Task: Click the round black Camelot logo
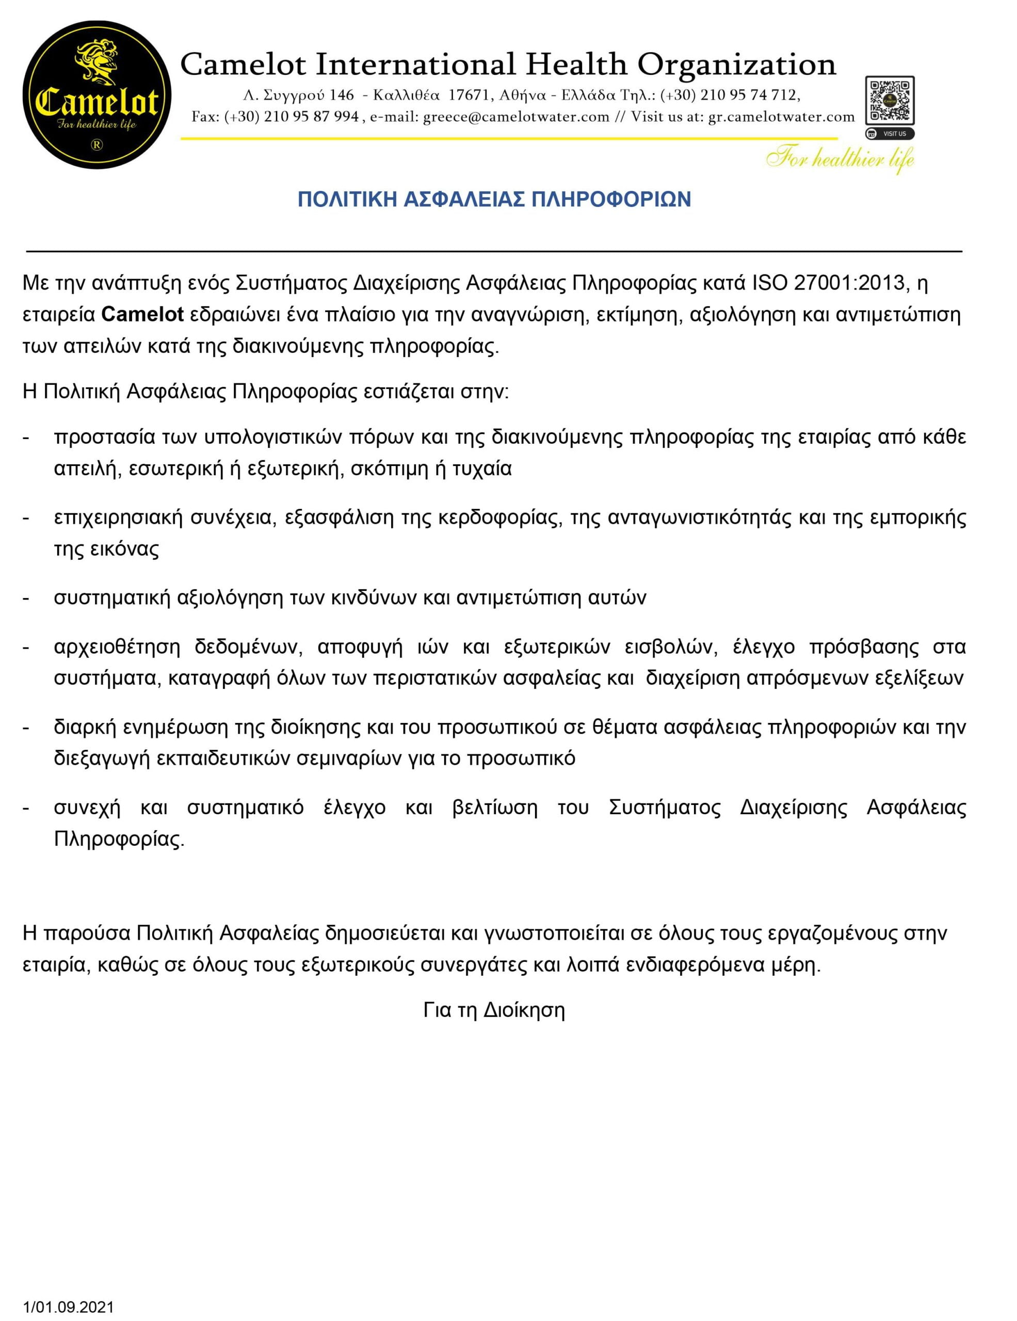coord(96,95)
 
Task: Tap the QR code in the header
coord(890,100)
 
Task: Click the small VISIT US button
coord(890,134)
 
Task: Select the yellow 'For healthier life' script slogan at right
coord(840,159)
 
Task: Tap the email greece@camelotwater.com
coord(516,117)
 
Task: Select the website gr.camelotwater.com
coord(781,117)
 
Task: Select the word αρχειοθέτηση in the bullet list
coord(117,647)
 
